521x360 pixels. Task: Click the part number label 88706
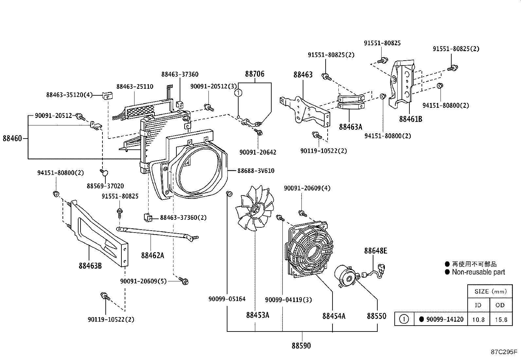255,74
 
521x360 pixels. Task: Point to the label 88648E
375,251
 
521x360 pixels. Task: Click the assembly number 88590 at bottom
301,345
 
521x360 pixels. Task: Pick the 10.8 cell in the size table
478,319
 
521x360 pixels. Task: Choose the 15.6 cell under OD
501,319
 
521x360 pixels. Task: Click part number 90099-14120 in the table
445,319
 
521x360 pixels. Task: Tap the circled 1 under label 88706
239,93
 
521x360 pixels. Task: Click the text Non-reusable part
478,272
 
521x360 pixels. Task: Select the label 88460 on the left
12,138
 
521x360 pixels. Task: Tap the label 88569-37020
105,186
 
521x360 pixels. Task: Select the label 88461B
410,119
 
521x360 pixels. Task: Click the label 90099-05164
227,299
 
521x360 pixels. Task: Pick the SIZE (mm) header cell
490,291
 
